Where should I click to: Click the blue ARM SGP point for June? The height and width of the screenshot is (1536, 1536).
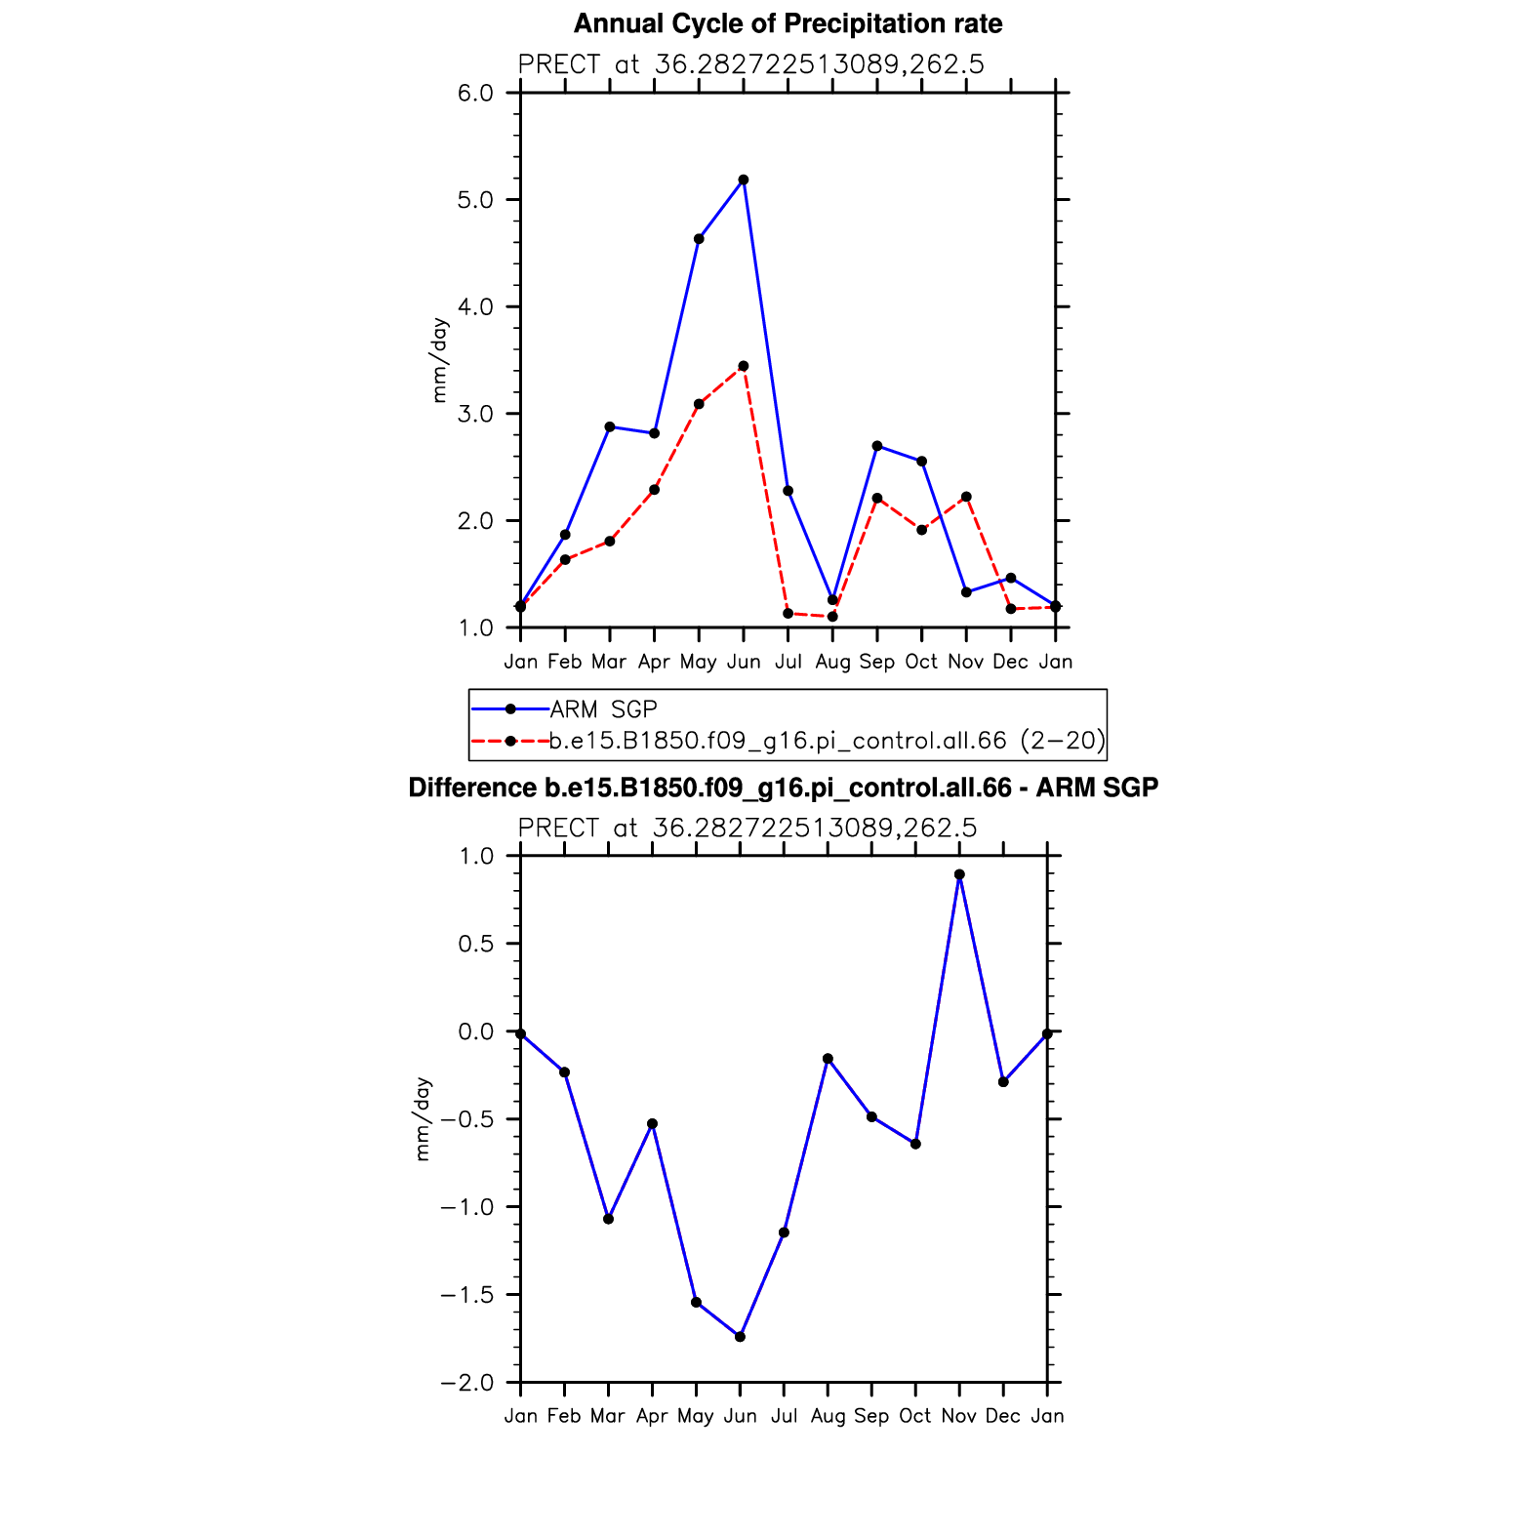point(744,180)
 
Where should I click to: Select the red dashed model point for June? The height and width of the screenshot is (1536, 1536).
point(744,366)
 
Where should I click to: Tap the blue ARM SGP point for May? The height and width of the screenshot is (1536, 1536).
point(699,239)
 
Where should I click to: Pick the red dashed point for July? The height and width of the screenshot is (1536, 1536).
point(788,614)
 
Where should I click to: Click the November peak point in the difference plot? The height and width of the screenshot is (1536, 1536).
point(959,874)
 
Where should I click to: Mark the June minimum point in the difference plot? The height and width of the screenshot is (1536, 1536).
point(740,1337)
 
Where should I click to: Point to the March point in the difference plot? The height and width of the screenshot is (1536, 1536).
point(608,1219)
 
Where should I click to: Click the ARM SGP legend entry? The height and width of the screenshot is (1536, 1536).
point(603,709)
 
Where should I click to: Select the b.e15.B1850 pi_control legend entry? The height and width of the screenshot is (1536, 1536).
point(826,741)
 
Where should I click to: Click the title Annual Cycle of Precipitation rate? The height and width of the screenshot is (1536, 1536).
point(788,23)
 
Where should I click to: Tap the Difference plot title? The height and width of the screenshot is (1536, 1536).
point(783,788)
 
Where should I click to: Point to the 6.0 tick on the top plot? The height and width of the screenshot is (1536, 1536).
point(475,93)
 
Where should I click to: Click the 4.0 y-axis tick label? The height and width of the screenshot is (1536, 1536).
point(475,306)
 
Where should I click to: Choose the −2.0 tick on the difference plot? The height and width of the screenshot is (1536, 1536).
point(466,1383)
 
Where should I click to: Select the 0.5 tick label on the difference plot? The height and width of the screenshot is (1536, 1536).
point(475,944)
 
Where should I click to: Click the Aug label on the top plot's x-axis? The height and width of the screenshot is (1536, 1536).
point(832,662)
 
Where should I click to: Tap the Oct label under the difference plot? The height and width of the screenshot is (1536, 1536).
point(915,1416)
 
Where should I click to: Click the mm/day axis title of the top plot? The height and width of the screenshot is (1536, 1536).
point(440,360)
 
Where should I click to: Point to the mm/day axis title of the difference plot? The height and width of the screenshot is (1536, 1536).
point(423,1119)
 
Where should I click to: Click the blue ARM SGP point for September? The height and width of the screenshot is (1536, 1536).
point(877,446)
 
